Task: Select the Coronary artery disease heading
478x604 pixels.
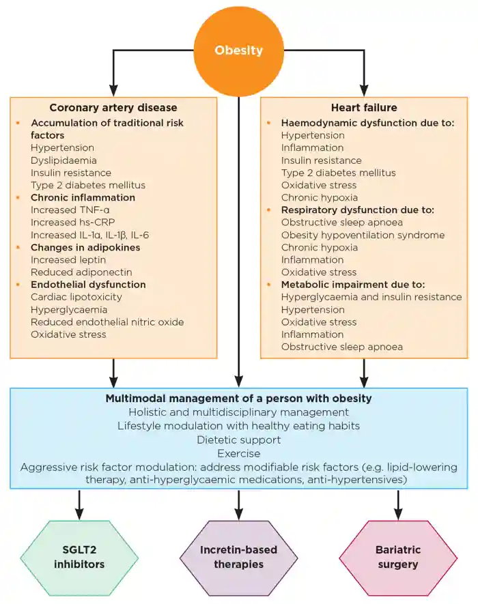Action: pyautogui.click(x=113, y=107)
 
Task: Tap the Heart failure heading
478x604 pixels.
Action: pyautogui.click(x=363, y=107)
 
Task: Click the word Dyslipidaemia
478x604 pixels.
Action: pyautogui.click(x=64, y=160)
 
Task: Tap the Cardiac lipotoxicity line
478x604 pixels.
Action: pyautogui.click(x=76, y=297)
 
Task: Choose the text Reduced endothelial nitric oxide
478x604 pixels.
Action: pyautogui.click(x=107, y=321)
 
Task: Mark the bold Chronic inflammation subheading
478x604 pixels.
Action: pyautogui.click(x=83, y=197)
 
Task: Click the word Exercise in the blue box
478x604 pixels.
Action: pyautogui.click(x=238, y=452)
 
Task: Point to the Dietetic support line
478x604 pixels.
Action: pyautogui.click(x=238, y=440)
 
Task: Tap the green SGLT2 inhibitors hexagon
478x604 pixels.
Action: pyautogui.click(x=80, y=557)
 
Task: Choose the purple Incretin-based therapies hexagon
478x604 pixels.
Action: pyautogui.click(x=238, y=557)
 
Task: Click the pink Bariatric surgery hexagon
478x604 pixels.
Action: pyautogui.click(x=398, y=557)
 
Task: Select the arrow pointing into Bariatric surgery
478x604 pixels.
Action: pyautogui.click(x=398, y=505)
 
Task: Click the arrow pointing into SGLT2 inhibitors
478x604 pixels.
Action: pyautogui.click(x=80, y=505)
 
